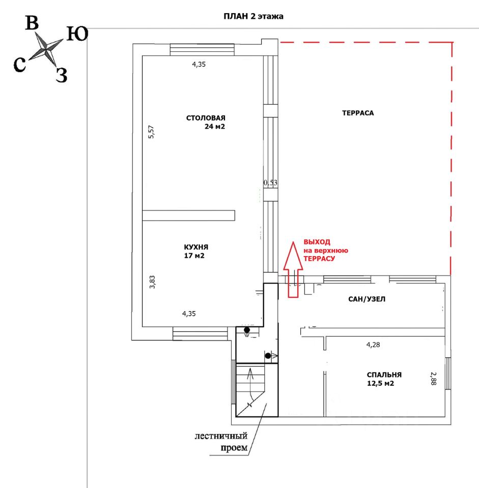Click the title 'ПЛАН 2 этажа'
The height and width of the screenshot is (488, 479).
pyautogui.click(x=253, y=16)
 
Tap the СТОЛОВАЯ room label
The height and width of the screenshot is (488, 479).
pyautogui.click(x=206, y=118)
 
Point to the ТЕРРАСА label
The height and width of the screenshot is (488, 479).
pyautogui.click(x=358, y=113)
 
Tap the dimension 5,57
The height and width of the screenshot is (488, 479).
pyautogui.click(x=151, y=132)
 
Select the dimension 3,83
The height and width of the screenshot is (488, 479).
pyautogui.click(x=152, y=282)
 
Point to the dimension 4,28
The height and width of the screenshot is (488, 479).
pyautogui.click(x=374, y=345)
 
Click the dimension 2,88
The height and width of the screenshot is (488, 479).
pyautogui.click(x=433, y=379)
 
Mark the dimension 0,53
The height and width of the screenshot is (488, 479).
pyautogui.click(x=270, y=182)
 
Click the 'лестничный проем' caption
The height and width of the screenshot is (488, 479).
pyautogui.click(x=221, y=442)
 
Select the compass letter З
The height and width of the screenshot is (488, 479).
pyautogui.click(x=61, y=75)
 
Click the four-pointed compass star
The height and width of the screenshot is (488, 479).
pyautogui.click(x=46, y=50)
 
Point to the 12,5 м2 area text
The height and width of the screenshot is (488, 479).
pyautogui.click(x=380, y=383)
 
